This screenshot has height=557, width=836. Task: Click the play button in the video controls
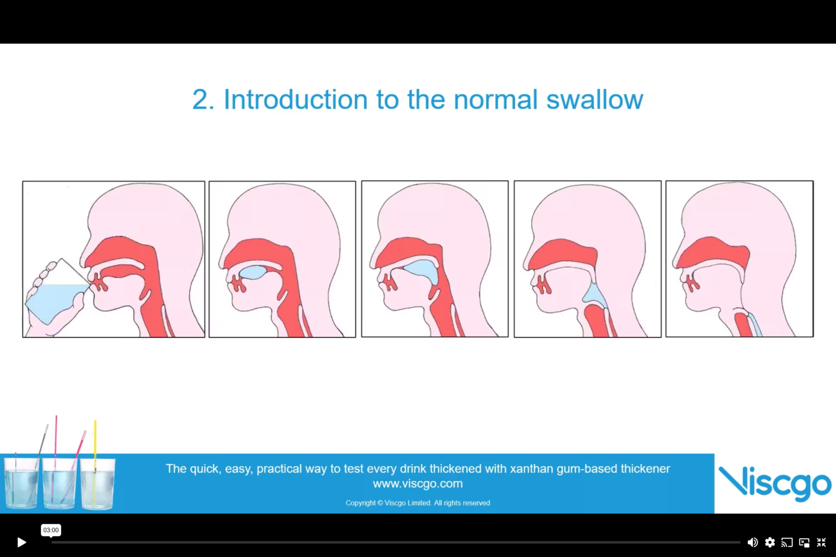21,542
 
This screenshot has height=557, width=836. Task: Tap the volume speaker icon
752,542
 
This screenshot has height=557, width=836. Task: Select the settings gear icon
770,542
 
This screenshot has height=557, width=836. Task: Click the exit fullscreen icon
821,542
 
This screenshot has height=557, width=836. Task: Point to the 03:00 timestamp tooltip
51,530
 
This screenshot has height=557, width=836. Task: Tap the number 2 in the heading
200,100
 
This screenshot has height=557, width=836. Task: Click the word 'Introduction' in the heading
296,100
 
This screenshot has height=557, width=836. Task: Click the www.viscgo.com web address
417,484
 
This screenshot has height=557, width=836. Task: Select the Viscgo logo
774,484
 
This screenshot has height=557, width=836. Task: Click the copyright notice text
417,503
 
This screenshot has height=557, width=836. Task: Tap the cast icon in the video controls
786,542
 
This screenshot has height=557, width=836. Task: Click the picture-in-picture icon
804,542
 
